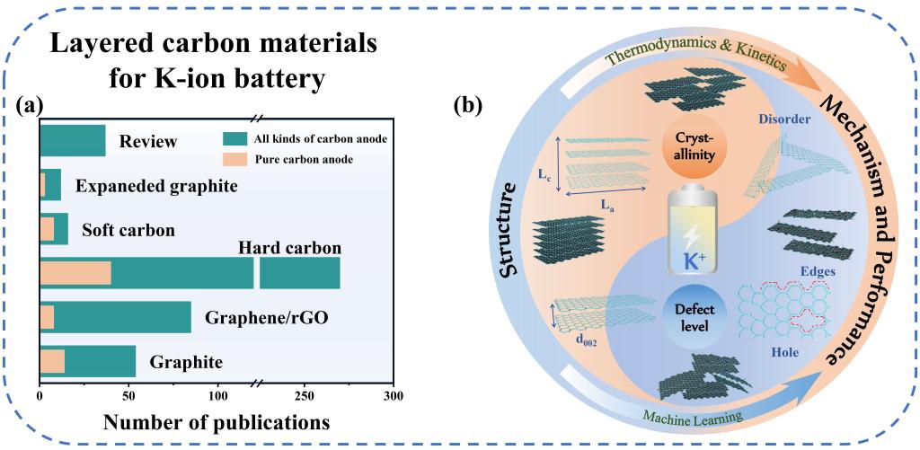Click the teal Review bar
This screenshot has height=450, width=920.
pos(72,141)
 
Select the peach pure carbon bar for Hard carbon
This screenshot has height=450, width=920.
pos(75,273)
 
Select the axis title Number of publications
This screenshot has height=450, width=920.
pos(215,420)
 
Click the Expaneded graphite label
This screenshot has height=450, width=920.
pos(155,187)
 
